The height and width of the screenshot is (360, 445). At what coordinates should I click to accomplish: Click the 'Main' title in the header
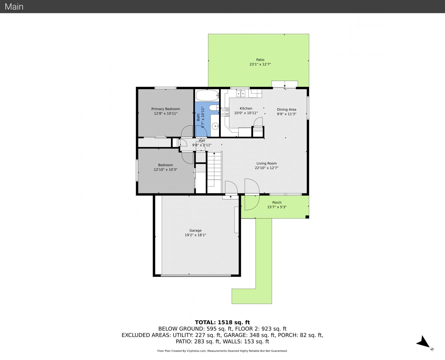point(14,7)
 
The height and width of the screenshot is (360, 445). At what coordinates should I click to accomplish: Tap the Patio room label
point(260,60)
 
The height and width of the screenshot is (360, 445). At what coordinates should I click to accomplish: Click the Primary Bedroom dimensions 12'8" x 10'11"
point(166,113)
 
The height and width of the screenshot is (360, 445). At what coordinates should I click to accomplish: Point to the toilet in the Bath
point(214,108)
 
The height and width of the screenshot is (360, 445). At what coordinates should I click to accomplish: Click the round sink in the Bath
point(215,126)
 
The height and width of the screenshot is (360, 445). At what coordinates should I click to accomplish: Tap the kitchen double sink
point(241,93)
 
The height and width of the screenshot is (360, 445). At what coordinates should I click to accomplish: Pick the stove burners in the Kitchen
point(225,112)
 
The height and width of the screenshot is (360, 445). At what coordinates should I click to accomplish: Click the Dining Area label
point(286,109)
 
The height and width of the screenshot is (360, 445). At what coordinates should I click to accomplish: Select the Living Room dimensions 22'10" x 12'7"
point(266,168)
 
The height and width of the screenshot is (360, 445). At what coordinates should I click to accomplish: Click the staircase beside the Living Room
point(214,172)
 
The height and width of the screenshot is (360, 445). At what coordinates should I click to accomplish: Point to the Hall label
point(202,141)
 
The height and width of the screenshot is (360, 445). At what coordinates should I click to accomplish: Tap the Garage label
point(195,230)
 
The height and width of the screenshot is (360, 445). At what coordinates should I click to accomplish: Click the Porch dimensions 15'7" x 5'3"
point(277,207)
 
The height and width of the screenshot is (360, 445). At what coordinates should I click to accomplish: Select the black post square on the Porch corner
point(307,217)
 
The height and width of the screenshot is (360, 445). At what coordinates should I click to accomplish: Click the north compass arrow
point(423,342)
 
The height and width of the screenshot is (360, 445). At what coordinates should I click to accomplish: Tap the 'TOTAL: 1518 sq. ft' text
point(222,322)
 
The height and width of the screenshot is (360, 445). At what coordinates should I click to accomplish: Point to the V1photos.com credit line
point(222,351)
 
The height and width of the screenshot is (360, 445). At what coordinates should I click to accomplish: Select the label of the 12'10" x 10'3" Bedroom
point(165,165)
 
